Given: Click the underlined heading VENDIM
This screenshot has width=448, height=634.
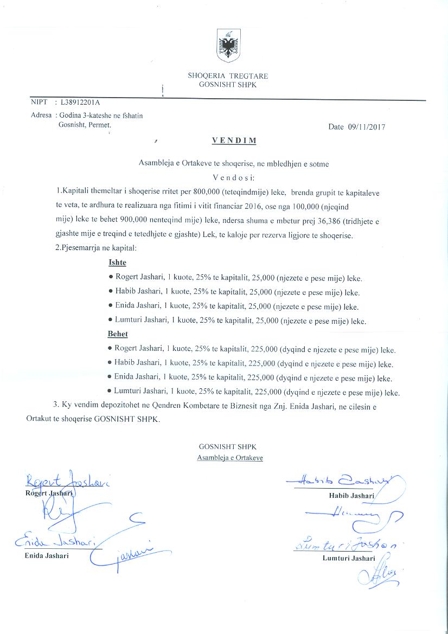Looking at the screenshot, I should coord(227,140).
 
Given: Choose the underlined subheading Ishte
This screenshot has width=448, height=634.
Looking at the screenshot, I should coord(117,263).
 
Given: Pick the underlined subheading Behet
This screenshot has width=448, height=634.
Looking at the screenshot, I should coord(118,334).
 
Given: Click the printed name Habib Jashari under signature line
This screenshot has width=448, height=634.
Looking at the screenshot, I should coord(351,496).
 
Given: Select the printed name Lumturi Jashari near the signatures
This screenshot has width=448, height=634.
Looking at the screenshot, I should coord(349,558).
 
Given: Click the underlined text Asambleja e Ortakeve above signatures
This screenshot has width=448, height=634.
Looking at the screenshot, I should coord(230,458).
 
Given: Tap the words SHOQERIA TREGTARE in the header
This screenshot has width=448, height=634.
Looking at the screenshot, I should coord(228,76).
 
